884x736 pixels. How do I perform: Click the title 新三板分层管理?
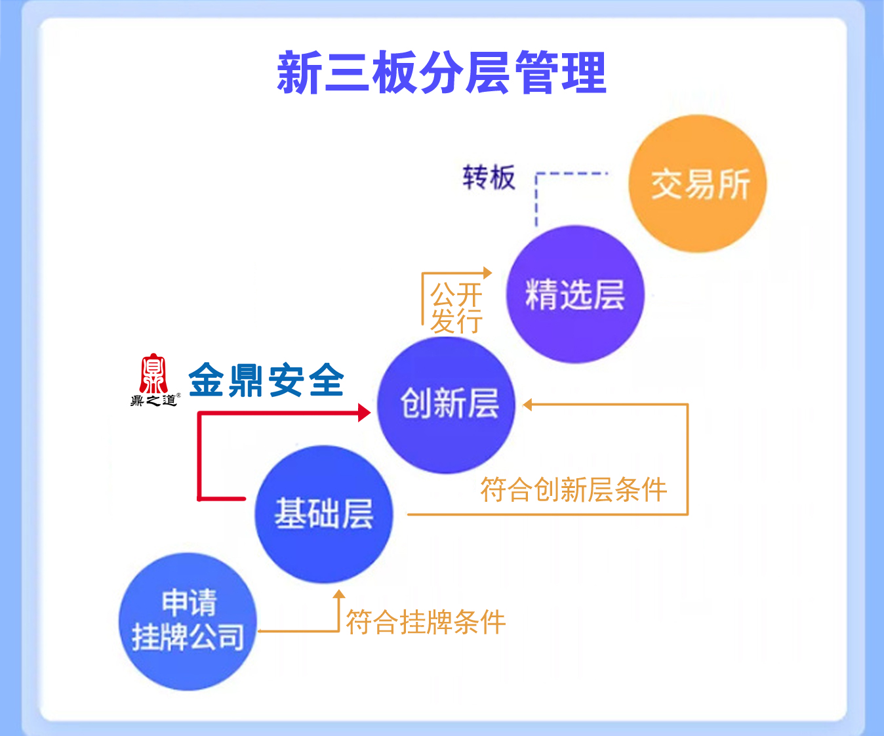(441, 72)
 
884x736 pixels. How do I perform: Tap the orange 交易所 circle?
(698, 184)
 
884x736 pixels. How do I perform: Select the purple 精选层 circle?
(575, 295)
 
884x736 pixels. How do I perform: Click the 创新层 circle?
(446, 405)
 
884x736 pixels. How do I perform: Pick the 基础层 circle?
(324, 514)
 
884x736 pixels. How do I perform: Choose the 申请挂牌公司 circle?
(188, 621)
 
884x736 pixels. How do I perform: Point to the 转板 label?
(489, 177)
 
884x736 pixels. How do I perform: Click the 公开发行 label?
(456, 308)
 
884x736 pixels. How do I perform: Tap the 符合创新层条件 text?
(574, 489)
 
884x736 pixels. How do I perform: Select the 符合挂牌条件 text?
(426, 622)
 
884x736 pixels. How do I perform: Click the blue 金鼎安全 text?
(266, 380)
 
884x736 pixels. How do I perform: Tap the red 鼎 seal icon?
(153, 373)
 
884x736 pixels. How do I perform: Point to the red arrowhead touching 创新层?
(364, 413)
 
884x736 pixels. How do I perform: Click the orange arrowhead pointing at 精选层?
(488, 273)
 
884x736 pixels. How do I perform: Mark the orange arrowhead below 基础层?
(338, 594)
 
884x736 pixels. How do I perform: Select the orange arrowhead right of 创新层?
(527, 405)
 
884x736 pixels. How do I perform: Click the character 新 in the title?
(299, 72)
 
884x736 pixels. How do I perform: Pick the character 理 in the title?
(584, 72)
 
